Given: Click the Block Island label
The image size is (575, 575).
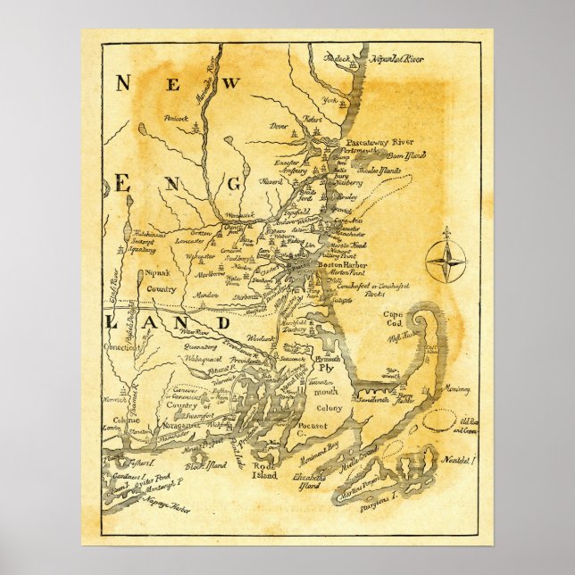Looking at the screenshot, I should point(206,465).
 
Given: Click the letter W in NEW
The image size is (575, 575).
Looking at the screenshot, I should point(230,84).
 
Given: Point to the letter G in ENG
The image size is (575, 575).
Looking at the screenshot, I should point(235,183).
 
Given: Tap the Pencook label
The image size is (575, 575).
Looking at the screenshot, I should point(176,119).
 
